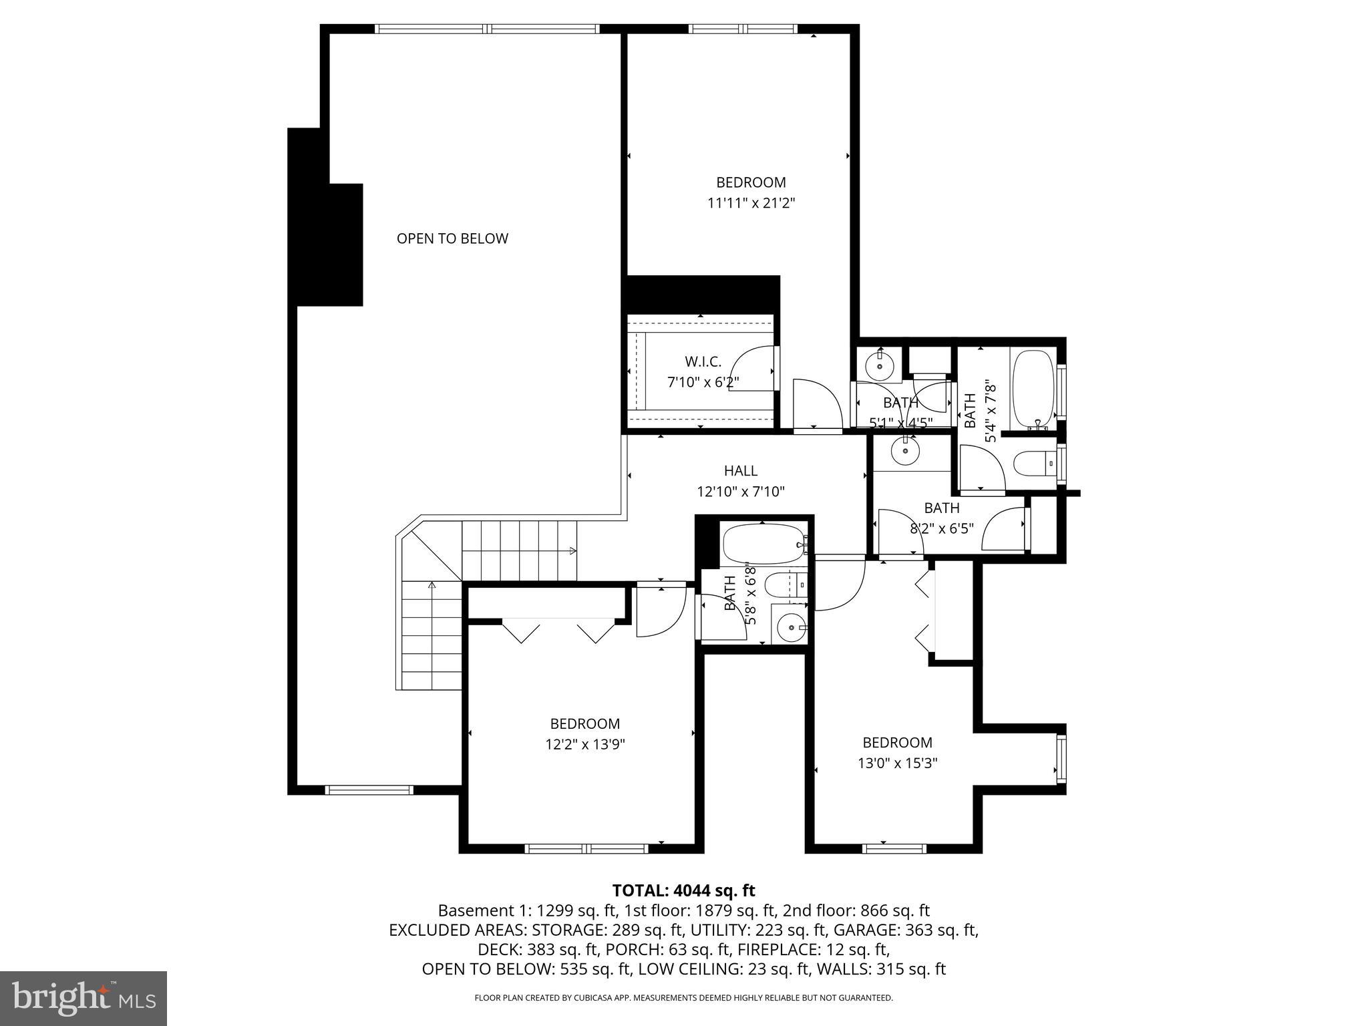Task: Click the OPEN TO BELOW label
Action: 452,238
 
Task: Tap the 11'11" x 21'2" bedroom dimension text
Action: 751,203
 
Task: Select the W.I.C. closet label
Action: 703,362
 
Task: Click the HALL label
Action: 740,471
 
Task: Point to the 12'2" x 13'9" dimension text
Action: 584,744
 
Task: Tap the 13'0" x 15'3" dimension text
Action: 897,763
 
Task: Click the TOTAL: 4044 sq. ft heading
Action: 683,890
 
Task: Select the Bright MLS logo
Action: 83,999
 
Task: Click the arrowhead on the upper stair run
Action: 572,551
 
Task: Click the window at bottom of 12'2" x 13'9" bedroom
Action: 586,849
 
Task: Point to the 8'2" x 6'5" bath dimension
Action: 941,528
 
